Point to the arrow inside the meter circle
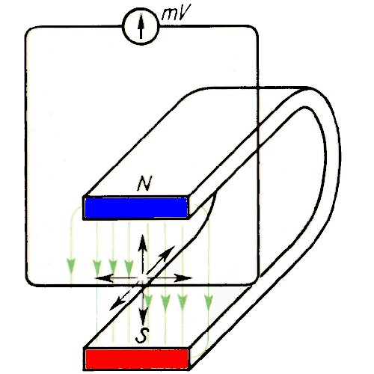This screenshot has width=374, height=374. point(141,27)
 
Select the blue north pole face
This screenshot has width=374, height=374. point(136,208)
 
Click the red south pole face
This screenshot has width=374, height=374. point(137,358)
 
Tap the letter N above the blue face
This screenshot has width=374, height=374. point(145,184)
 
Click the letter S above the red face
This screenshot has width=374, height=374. point(143,335)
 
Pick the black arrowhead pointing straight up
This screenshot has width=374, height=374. point(143,242)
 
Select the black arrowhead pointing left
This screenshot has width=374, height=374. point(103,278)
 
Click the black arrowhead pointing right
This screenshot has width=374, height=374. point(183,278)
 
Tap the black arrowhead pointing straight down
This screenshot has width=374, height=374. point(143,317)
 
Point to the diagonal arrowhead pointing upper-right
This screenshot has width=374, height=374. point(168,252)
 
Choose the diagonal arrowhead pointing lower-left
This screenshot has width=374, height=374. point(117,304)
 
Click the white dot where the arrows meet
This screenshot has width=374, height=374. point(142,278)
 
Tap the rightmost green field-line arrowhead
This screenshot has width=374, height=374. point(209,301)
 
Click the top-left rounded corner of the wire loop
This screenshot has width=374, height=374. point(29,30)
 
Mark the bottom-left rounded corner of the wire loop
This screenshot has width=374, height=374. point(30,281)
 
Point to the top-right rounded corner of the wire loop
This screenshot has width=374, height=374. point(254,30)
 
